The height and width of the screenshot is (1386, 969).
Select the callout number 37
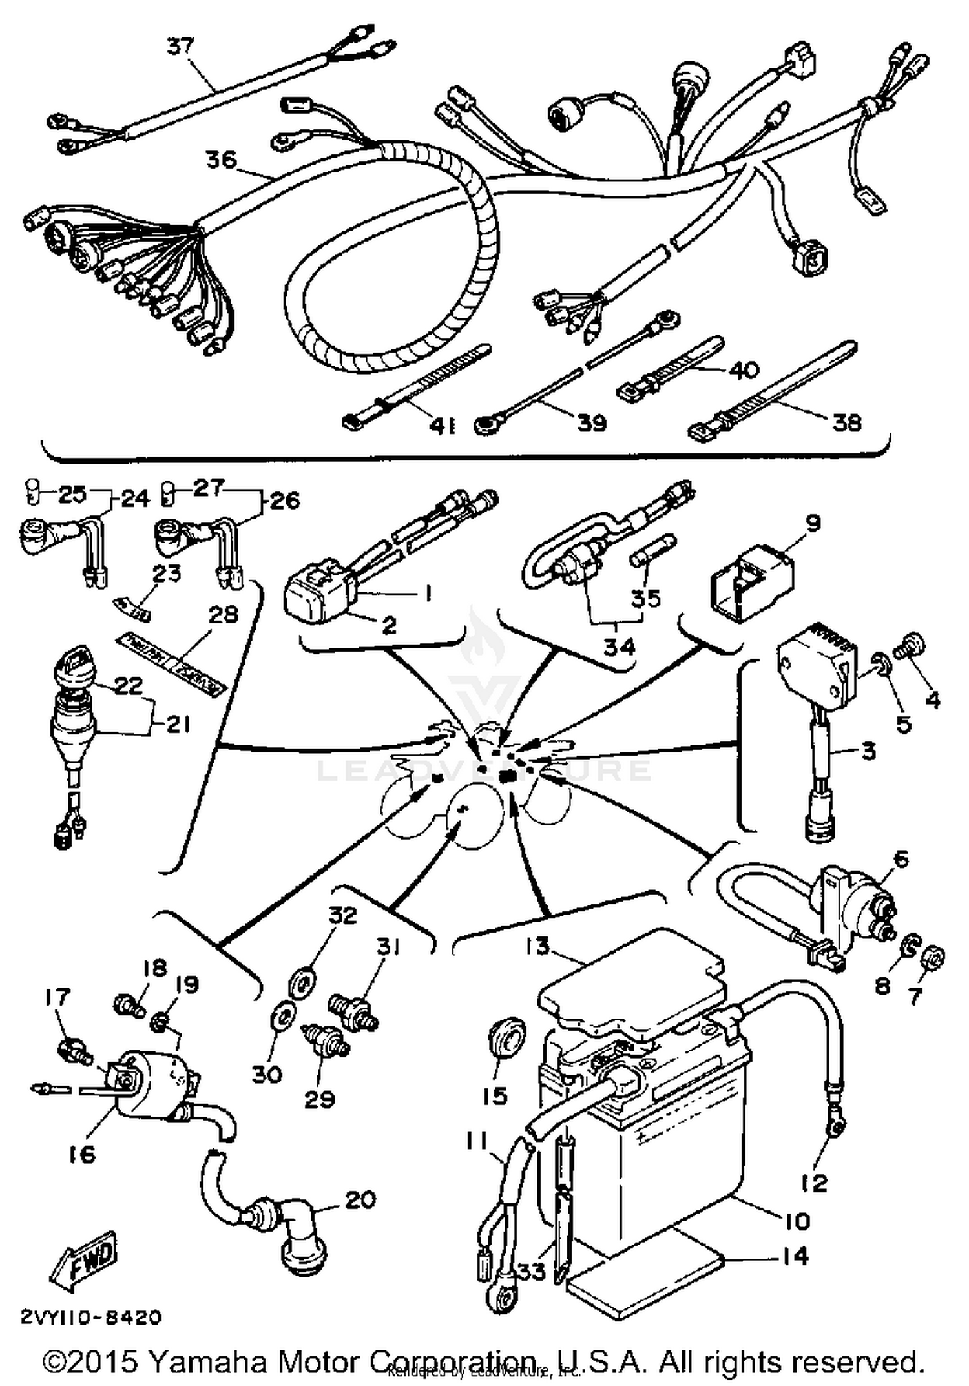click(180, 47)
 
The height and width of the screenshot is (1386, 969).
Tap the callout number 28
click(224, 614)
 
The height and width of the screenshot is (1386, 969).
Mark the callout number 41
click(443, 426)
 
